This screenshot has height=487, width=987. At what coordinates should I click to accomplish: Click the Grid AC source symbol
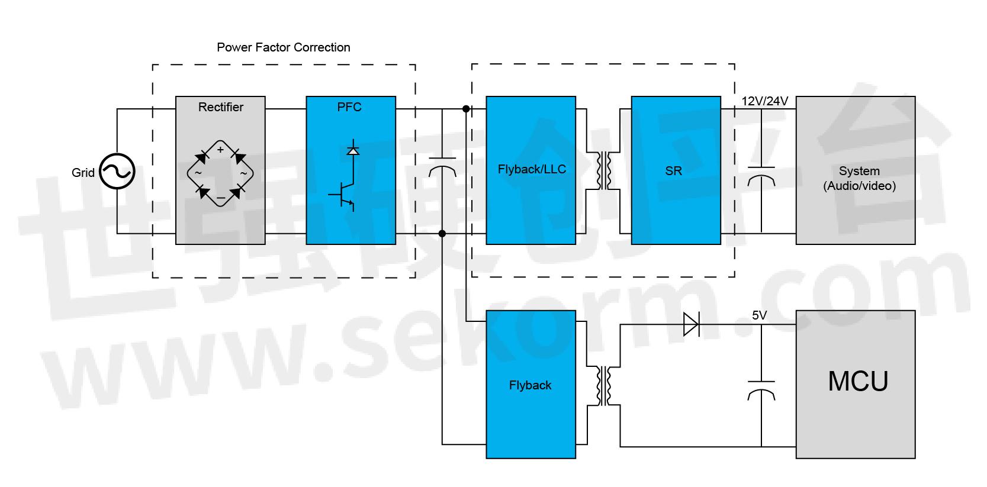tap(117, 172)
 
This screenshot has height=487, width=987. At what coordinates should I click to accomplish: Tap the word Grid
tap(83, 173)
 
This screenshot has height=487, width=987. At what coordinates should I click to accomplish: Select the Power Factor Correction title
tap(283, 47)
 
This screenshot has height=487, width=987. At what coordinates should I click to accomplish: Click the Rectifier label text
tap(220, 107)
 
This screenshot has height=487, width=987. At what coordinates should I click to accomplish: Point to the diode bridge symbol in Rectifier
tap(220, 173)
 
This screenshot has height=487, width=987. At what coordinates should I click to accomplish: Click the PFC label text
tap(349, 107)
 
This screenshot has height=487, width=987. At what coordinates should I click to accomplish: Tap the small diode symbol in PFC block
tap(353, 150)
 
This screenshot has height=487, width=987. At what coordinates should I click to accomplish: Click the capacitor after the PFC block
tap(442, 167)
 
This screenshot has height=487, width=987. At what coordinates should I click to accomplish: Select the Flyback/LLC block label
tap(532, 169)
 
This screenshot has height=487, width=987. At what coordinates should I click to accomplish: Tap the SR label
tap(674, 171)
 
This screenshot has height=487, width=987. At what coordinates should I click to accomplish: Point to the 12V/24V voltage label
tap(765, 101)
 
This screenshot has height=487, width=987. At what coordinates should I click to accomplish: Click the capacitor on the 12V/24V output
tap(761, 176)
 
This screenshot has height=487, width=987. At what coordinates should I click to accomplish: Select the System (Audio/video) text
tap(859, 178)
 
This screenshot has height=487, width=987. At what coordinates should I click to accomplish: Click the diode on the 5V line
tap(691, 324)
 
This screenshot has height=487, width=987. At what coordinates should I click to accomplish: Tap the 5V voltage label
tap(759, 315)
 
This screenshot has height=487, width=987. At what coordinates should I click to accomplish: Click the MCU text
tap(858, 382)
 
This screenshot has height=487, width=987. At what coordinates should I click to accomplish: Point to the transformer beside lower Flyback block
tap(604, 386)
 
